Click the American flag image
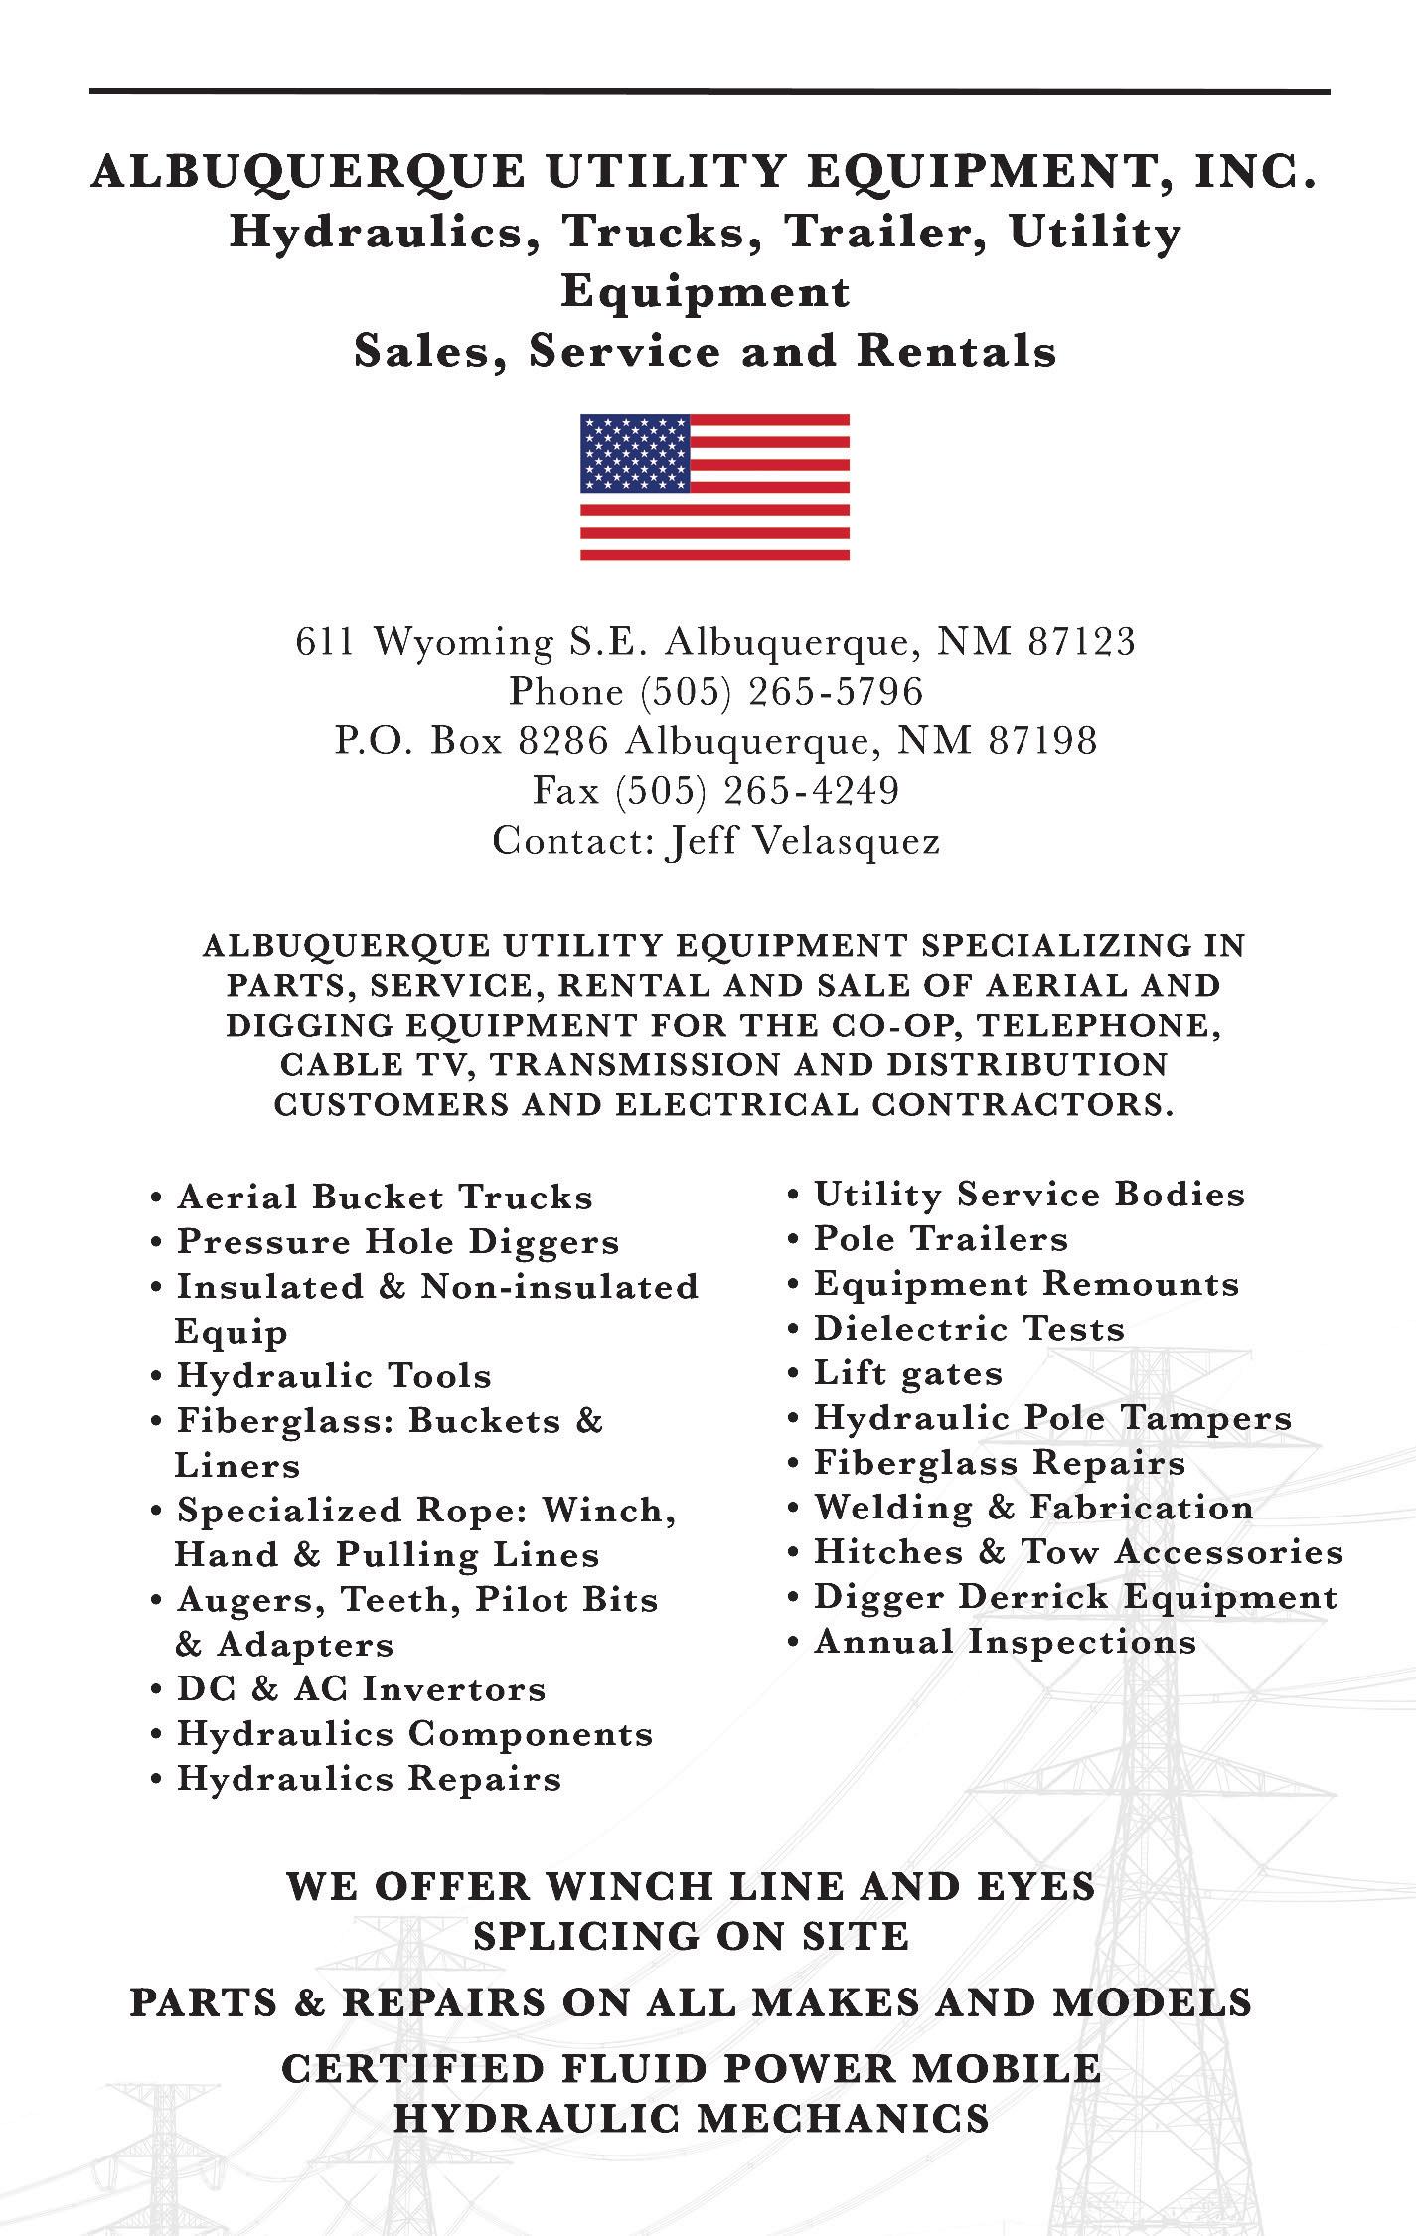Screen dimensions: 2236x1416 [x=714, y=487]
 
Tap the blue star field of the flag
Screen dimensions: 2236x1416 [x=635, y=453]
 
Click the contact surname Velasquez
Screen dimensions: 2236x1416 [x=848, y=842]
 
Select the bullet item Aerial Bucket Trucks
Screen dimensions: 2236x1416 [x=385, y=1197]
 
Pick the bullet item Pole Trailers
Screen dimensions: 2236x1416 [x=940, y=1239]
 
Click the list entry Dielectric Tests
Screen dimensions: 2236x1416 [x=969, y=1329]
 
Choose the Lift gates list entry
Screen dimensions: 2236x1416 [x=907, y=1373]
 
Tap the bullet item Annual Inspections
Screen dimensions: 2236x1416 [x=1005, y=1642]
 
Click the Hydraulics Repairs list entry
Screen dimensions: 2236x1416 [x=369, y=1778]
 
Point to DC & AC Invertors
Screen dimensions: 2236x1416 [x=361, y=1688]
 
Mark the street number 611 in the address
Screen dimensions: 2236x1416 [x=324, y=642]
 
